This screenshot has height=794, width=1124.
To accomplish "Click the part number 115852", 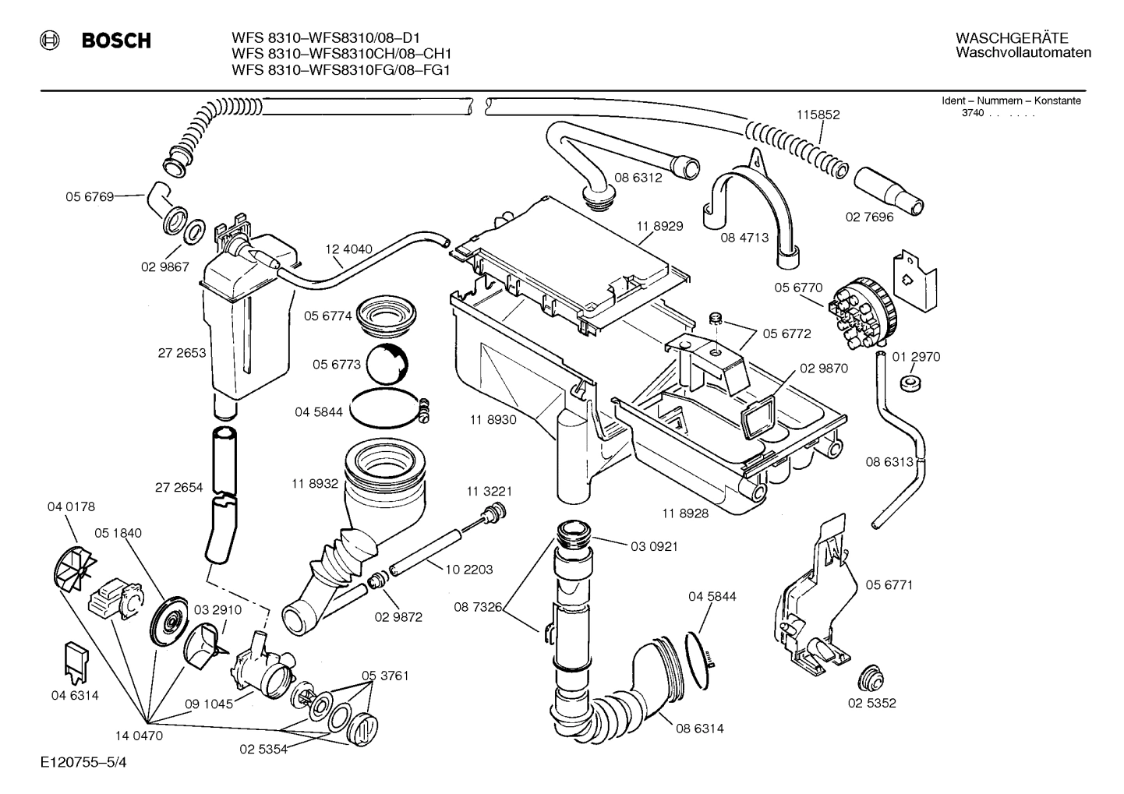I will point(818,115).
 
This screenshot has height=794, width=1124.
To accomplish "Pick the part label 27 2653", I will point(182,353).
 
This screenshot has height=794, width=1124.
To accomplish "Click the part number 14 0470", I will point(138,734).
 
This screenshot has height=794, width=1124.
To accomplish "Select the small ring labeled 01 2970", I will point(907,383).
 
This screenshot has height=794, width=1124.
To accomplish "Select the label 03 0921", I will point(654,546).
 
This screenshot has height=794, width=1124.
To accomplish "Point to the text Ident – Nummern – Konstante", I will point(1011,101).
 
